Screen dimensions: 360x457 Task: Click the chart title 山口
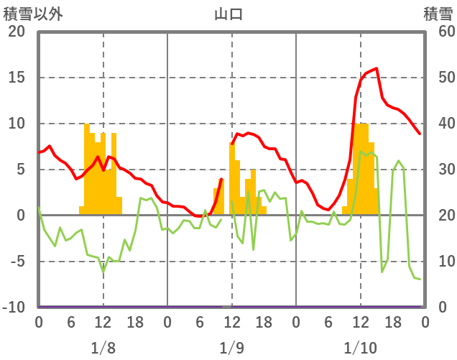click(228, 13)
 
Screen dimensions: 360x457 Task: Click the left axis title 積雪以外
click(28, 13)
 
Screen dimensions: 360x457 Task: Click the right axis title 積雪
click(438, 13)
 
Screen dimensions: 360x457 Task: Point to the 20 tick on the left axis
click(17, 32)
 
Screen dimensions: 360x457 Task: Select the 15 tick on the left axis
click(17, 78)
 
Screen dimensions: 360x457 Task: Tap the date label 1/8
click(103, 348)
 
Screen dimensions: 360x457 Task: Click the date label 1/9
click(231, 348)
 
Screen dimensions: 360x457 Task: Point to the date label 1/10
click(360, 348)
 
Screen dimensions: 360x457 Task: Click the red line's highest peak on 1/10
click(377, 68)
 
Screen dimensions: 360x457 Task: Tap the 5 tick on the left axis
click(21, 170)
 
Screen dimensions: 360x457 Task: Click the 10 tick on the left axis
click(17, 124)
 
